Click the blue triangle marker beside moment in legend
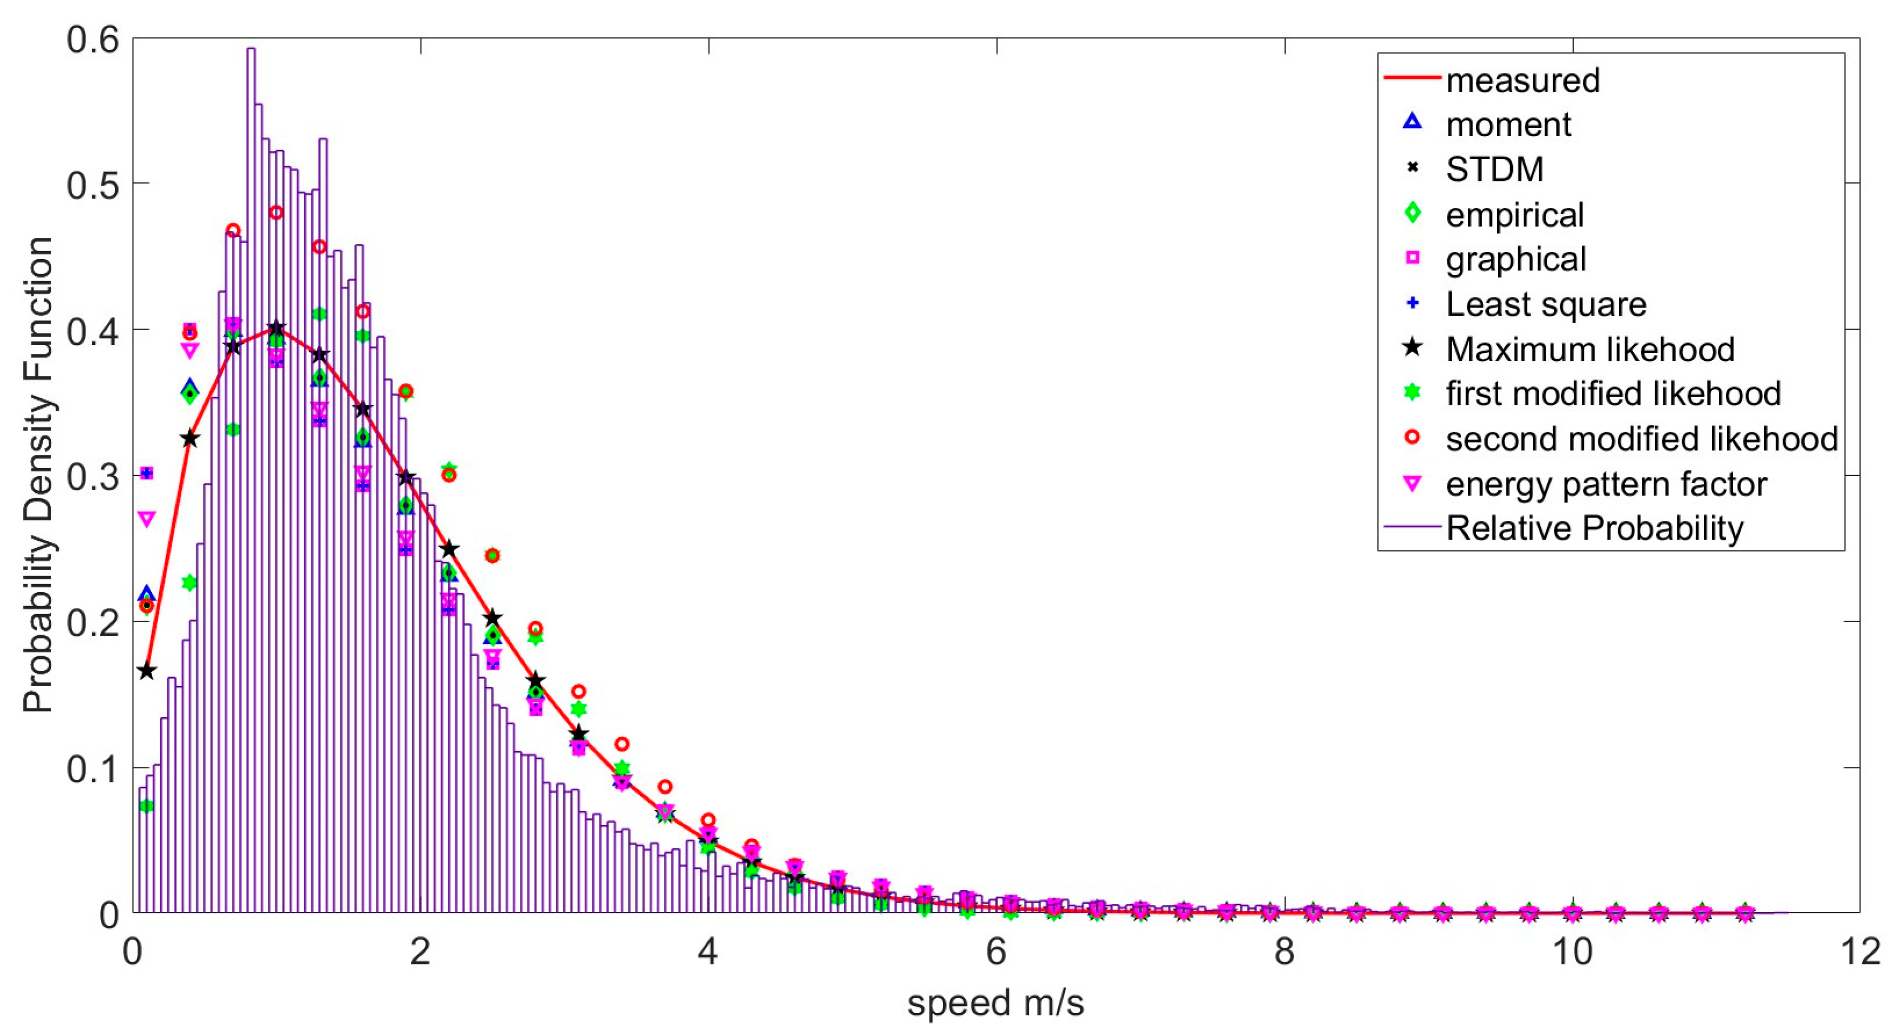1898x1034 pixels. (x=1412, y=121)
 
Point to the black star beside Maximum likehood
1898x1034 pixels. (x=1412, y=347)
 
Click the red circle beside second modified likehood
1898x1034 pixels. (x=1412, y=437)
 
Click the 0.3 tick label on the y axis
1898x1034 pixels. (x=93, y=476)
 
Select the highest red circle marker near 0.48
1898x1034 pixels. (x=276, y=212)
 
